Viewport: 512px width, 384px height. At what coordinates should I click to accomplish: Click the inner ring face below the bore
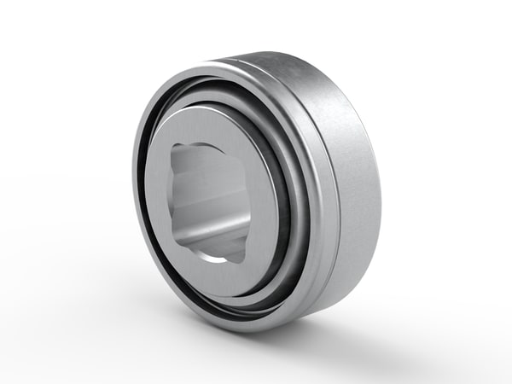218,277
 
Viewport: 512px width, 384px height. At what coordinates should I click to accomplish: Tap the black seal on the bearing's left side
146,196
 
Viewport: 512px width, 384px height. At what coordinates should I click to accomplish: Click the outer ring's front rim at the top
222,70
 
